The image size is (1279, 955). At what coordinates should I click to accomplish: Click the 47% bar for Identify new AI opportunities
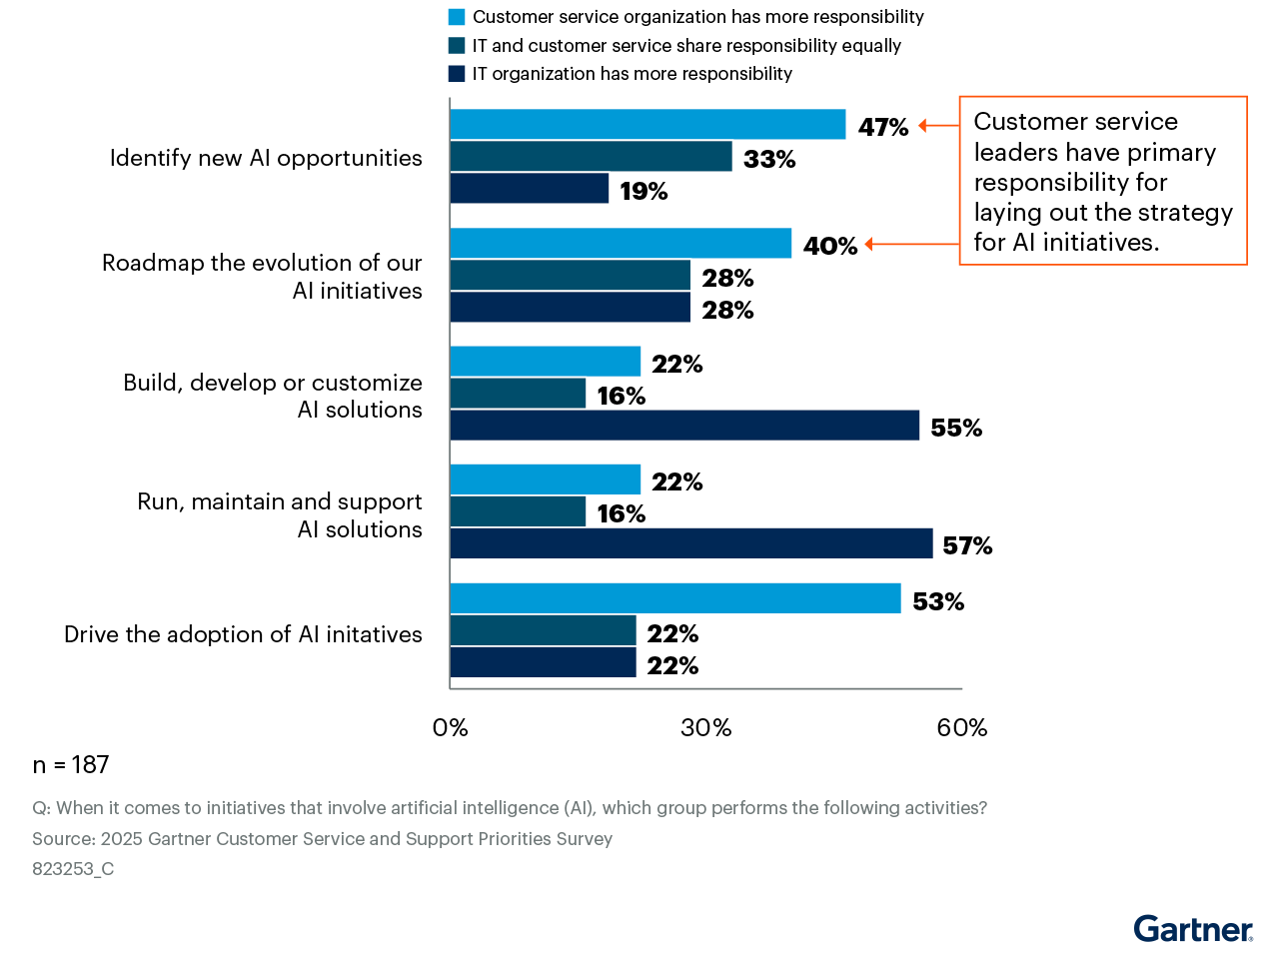click(647, 125)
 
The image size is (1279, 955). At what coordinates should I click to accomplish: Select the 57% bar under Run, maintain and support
click(690, 544)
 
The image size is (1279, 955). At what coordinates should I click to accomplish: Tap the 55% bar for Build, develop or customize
click(684, 426)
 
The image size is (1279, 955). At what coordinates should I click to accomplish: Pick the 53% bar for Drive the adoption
click(674, 599)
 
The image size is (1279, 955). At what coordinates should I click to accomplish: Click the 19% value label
click(643, 191)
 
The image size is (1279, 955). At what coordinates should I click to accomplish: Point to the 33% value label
click(769, 159)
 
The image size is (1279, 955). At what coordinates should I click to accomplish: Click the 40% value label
click(830, 246)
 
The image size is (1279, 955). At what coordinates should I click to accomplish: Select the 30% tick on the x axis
click(706, 728)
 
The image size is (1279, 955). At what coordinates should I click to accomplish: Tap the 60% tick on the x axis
click(961, 728)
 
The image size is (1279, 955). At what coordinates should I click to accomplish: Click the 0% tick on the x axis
click(451, 728)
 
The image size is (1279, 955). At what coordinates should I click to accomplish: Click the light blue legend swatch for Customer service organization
click(457, 17)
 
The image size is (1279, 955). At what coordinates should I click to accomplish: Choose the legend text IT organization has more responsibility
click(632, 74)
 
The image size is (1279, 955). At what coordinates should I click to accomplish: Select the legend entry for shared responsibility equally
click(686, 46)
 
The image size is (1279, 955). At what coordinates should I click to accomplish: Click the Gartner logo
click(1192, 929)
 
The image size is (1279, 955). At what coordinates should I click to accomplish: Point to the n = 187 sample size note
click(71, 765)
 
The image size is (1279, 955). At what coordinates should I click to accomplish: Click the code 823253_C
click(73, 869)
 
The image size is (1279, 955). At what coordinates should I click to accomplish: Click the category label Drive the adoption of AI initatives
click(243, 634)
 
